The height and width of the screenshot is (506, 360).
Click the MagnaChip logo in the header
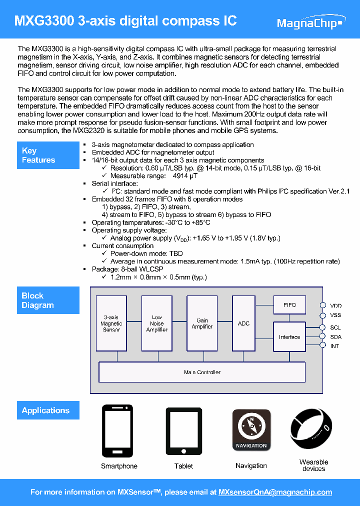[310, 23]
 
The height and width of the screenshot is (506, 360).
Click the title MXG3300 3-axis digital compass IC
[125, 21]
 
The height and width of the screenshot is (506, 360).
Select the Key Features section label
[48, 155]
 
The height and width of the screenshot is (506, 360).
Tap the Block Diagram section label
[48, 300]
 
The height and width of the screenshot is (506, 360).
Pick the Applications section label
[48, 410]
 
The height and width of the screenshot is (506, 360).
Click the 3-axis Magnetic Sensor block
[111, 323]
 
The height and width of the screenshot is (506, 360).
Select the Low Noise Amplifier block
[156, 323]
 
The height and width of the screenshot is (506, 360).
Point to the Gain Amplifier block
[202, 323]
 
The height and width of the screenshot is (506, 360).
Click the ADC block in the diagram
[243, 323]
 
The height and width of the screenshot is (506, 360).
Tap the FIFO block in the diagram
[289, 305]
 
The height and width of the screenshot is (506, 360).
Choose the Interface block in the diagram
[289, 337]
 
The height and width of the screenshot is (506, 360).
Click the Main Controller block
[202, 372]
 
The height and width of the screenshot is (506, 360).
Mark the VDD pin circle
[323, 305]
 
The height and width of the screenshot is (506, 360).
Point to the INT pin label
[335, 346]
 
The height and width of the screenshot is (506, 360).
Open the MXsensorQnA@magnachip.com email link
[275, 492]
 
